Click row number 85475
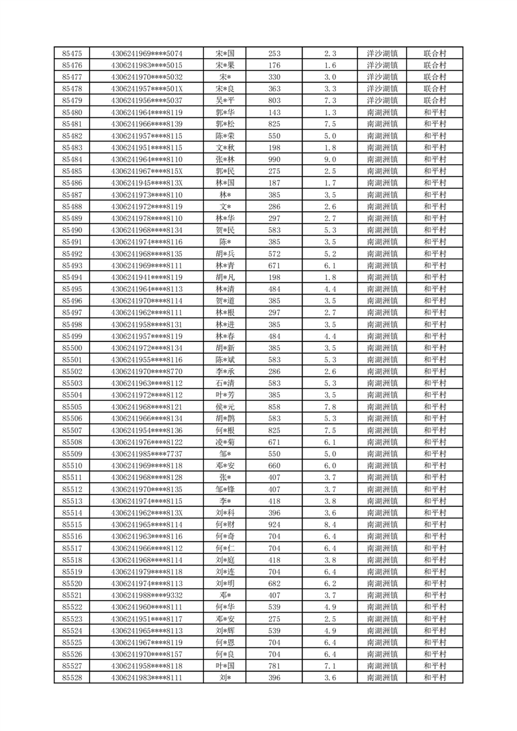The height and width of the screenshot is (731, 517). (72, 53)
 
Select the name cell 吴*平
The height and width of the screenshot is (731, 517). (226, 100)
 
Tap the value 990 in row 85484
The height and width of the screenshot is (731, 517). (274, 160)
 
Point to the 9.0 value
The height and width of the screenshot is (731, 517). (330, 160)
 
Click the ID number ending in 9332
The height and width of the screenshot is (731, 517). (147, 595)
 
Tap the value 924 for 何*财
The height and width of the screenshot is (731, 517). (274, 524)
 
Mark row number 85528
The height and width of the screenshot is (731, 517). (72, 678)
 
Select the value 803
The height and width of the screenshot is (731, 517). (274, 100)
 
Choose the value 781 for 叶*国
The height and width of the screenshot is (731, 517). (274, 666)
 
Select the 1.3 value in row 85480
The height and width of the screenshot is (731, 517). (330, 112)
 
